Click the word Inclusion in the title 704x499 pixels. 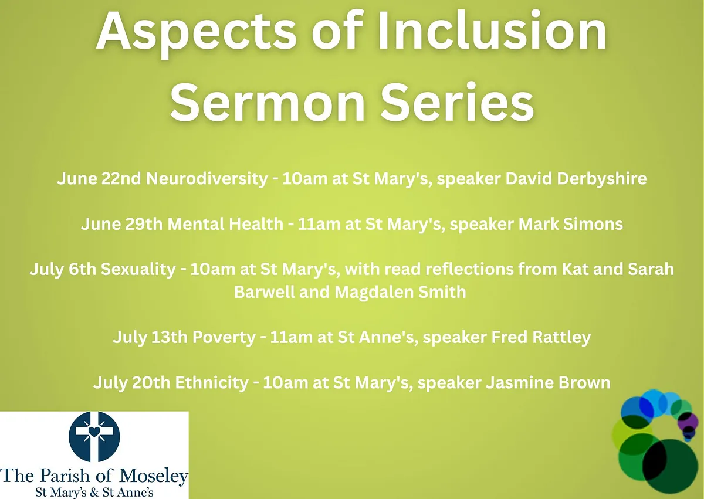click(492, 31)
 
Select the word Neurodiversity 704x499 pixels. click(207, 179)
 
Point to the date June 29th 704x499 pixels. click(121, 224)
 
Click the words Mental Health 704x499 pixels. click(225, 224)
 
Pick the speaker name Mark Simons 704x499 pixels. click(570, 224)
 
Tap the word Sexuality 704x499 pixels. click(138, 270)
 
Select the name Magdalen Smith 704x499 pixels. click(400, 292)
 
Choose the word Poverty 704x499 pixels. click(224, 338)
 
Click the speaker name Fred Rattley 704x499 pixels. click(541, 338)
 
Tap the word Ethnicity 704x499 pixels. click(212, 383)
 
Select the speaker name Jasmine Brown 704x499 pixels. click(548, 383)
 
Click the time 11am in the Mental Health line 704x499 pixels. click(319, 224)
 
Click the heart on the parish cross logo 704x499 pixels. click(94, 431)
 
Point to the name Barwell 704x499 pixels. click(264, 292)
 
